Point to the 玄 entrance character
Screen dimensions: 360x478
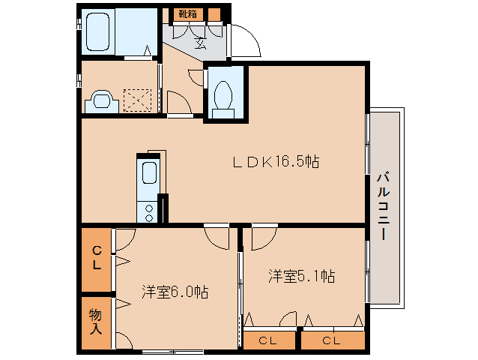[x=200, y=42]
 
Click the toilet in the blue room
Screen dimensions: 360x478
[x=223, y=95]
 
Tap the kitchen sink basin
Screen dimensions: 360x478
[x=148, y=174]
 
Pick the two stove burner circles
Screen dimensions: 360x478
[x=148, y=213]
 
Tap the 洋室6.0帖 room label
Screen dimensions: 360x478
[x=175, y=292]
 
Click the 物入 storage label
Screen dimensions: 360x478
[x=96, y=322]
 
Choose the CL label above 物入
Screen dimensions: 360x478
[x=97, y=257]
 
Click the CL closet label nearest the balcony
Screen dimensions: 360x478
[x=330, y=340]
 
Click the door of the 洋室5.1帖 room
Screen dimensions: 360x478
[x=263, y=235]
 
